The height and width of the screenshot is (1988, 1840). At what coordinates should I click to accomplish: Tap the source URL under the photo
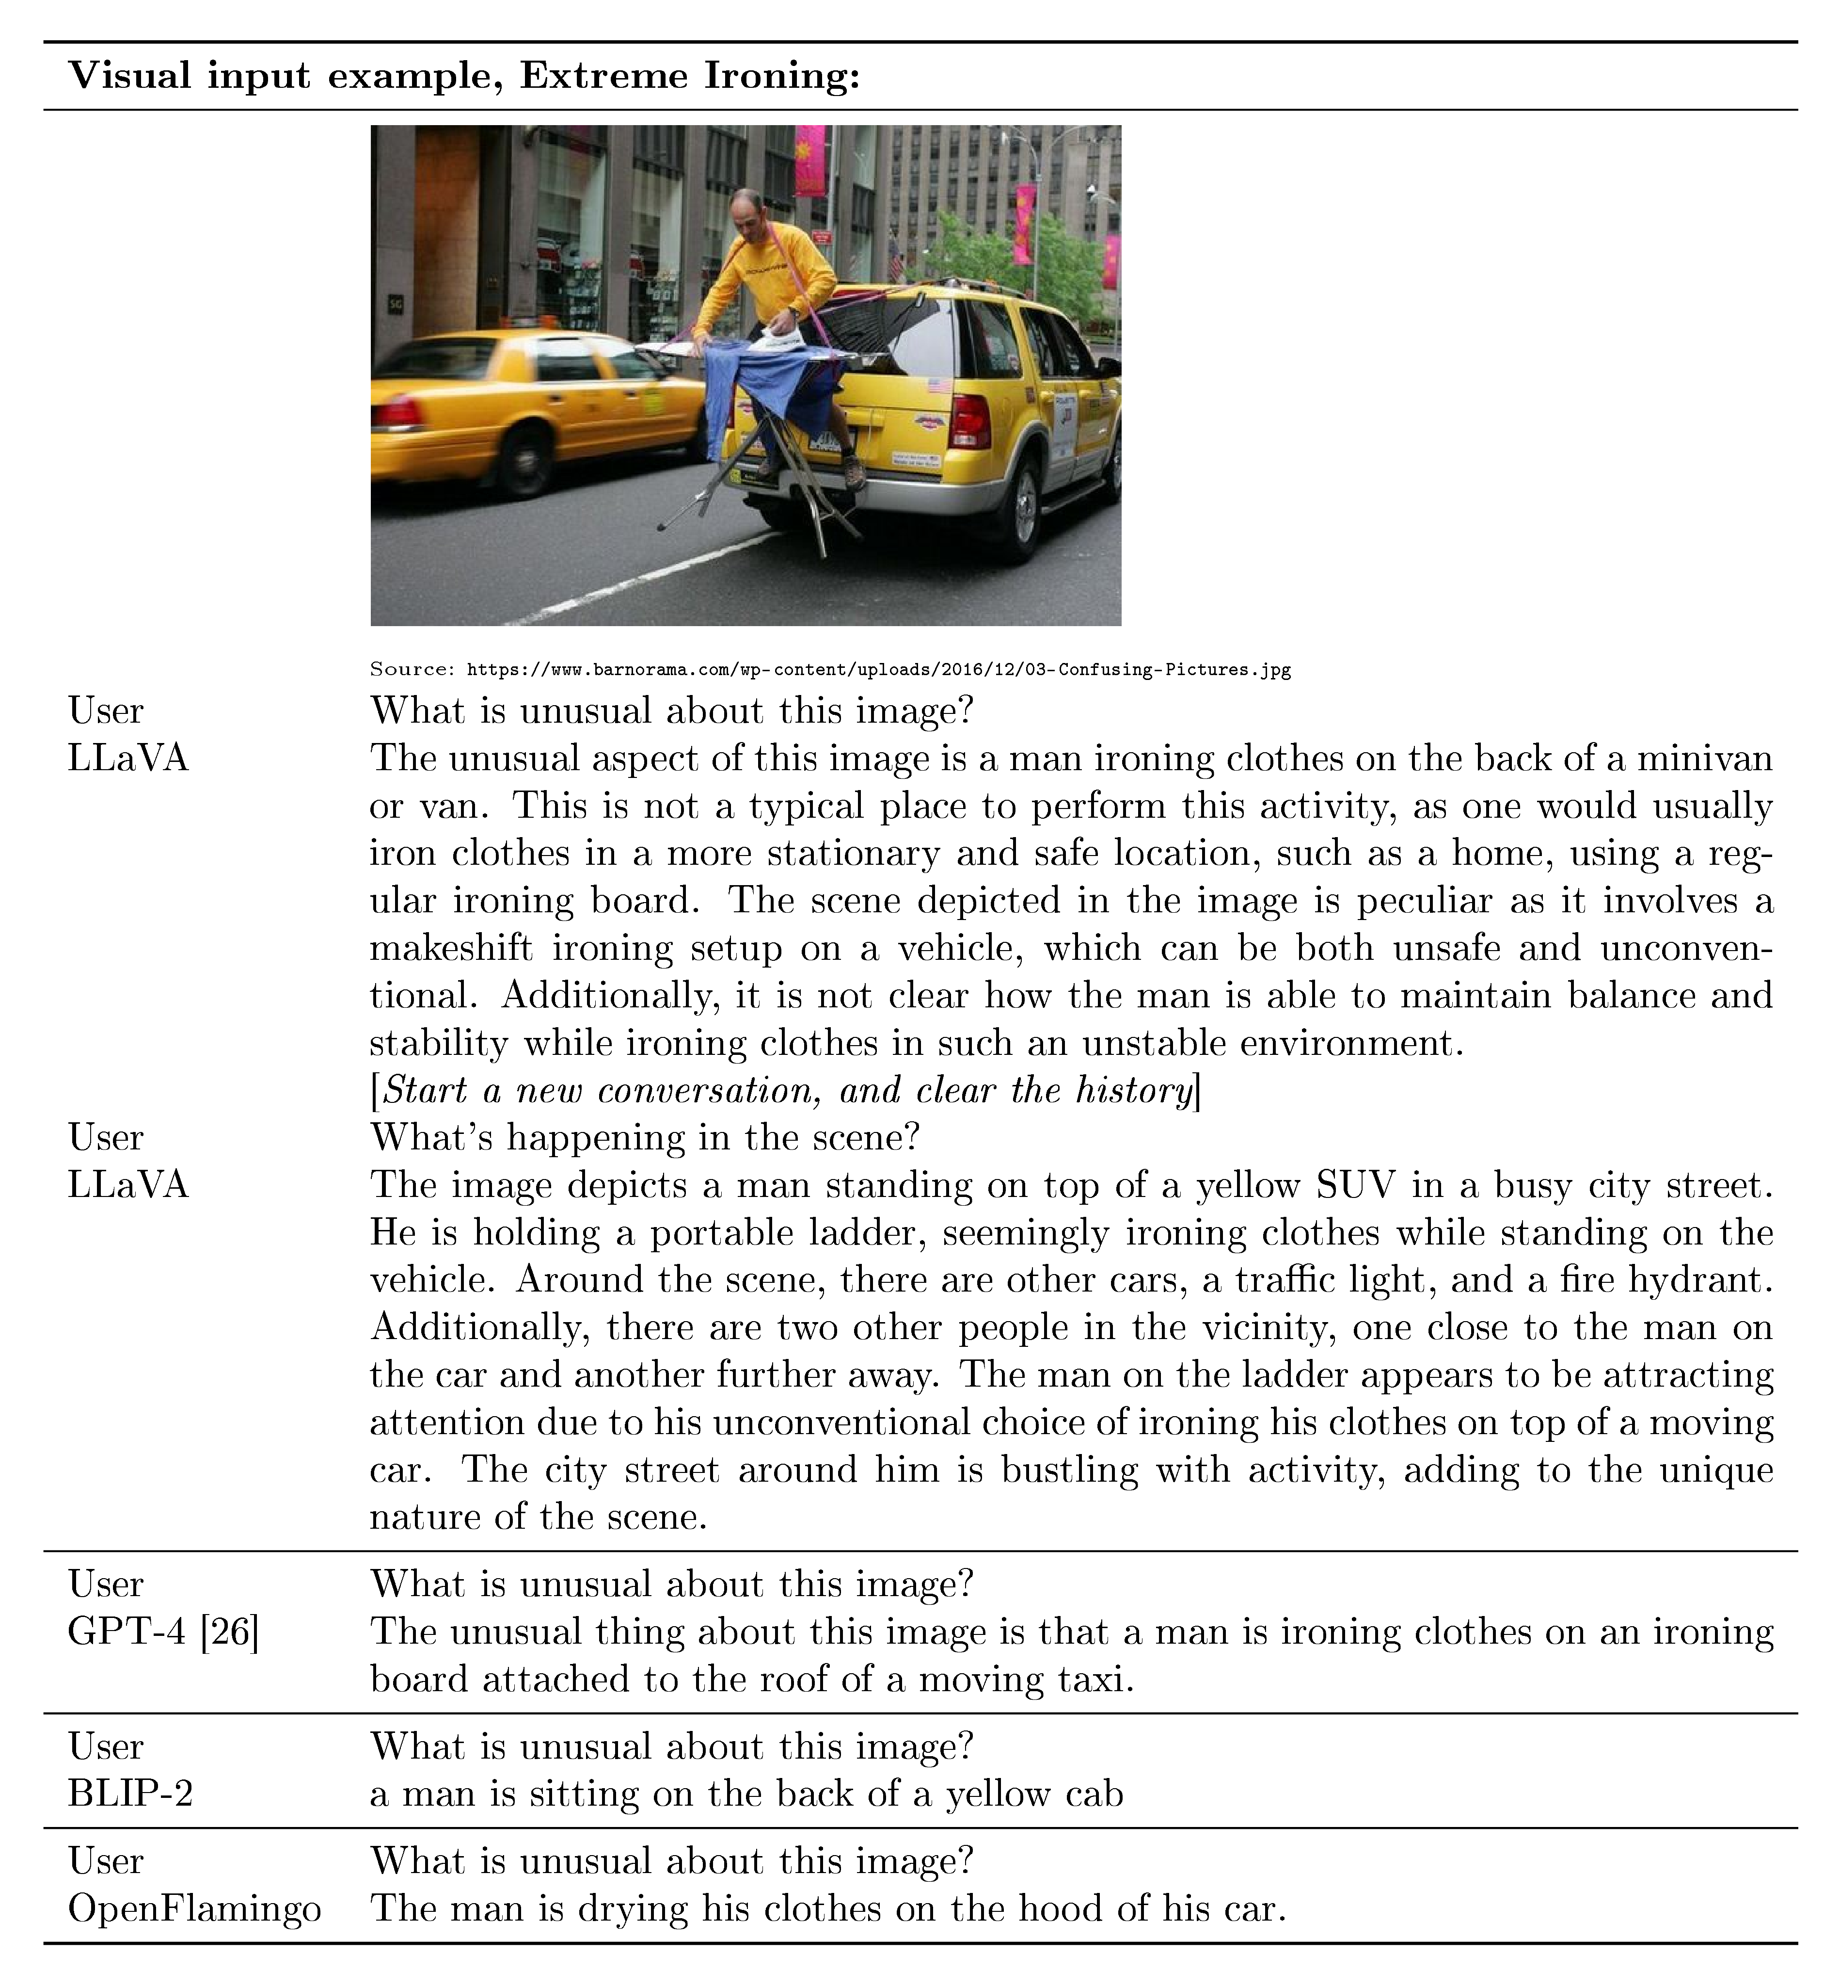point(878,669)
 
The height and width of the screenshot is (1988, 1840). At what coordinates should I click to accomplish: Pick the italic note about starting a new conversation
point(786,1091)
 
